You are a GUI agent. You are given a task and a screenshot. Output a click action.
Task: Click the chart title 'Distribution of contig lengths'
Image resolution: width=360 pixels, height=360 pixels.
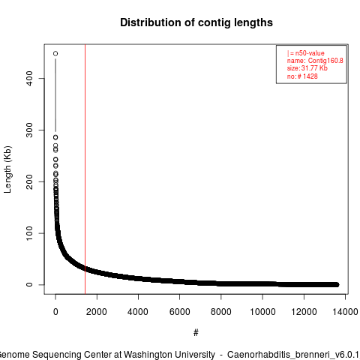coord(196,22)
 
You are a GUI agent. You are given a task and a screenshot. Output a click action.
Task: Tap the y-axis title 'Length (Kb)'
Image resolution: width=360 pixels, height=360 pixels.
coord(7,169)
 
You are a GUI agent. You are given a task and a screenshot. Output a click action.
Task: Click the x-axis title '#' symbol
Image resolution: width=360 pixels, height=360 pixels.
coord(196,332)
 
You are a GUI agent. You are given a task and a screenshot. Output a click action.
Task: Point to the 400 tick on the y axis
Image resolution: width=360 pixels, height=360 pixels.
coord(29,78)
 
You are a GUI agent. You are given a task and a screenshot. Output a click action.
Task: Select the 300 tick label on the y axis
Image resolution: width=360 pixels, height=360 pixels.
coord(29,130)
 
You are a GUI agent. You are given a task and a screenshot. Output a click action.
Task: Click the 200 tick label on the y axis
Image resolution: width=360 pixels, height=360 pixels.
coord(29,181)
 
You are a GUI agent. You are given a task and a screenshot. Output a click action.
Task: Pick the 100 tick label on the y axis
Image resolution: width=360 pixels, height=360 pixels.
coord(29,233)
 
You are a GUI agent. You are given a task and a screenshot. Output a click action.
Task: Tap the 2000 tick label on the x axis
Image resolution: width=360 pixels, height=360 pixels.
coord(97,312)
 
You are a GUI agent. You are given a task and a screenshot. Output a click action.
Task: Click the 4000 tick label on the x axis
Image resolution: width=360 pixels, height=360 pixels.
coord(138,312)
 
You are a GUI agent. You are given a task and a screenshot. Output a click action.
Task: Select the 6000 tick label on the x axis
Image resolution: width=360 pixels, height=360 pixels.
coord(179,312)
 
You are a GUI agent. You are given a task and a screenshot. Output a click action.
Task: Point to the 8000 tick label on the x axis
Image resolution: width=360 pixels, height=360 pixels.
coord(221,312)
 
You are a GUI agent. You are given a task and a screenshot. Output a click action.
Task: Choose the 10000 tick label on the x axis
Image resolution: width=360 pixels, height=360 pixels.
coord(262,312)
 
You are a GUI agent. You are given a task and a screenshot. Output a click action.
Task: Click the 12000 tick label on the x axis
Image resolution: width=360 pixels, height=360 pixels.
coord(304,312)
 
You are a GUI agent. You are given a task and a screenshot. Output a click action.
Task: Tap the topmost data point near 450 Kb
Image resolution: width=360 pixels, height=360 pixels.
coord(55,53)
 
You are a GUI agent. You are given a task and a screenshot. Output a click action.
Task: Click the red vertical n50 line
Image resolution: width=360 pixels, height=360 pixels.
coord(85,169)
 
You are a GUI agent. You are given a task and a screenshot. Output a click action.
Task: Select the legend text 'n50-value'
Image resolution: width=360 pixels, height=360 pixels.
coord(310,53)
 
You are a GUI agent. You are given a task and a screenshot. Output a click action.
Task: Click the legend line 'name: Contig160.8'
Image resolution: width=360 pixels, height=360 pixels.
coord(315,61)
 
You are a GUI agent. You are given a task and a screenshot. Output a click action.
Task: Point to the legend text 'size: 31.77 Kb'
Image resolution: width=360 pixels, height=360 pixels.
coord(307,68)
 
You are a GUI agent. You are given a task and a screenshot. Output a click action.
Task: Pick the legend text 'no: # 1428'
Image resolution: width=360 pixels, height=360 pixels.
coord(302,76)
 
